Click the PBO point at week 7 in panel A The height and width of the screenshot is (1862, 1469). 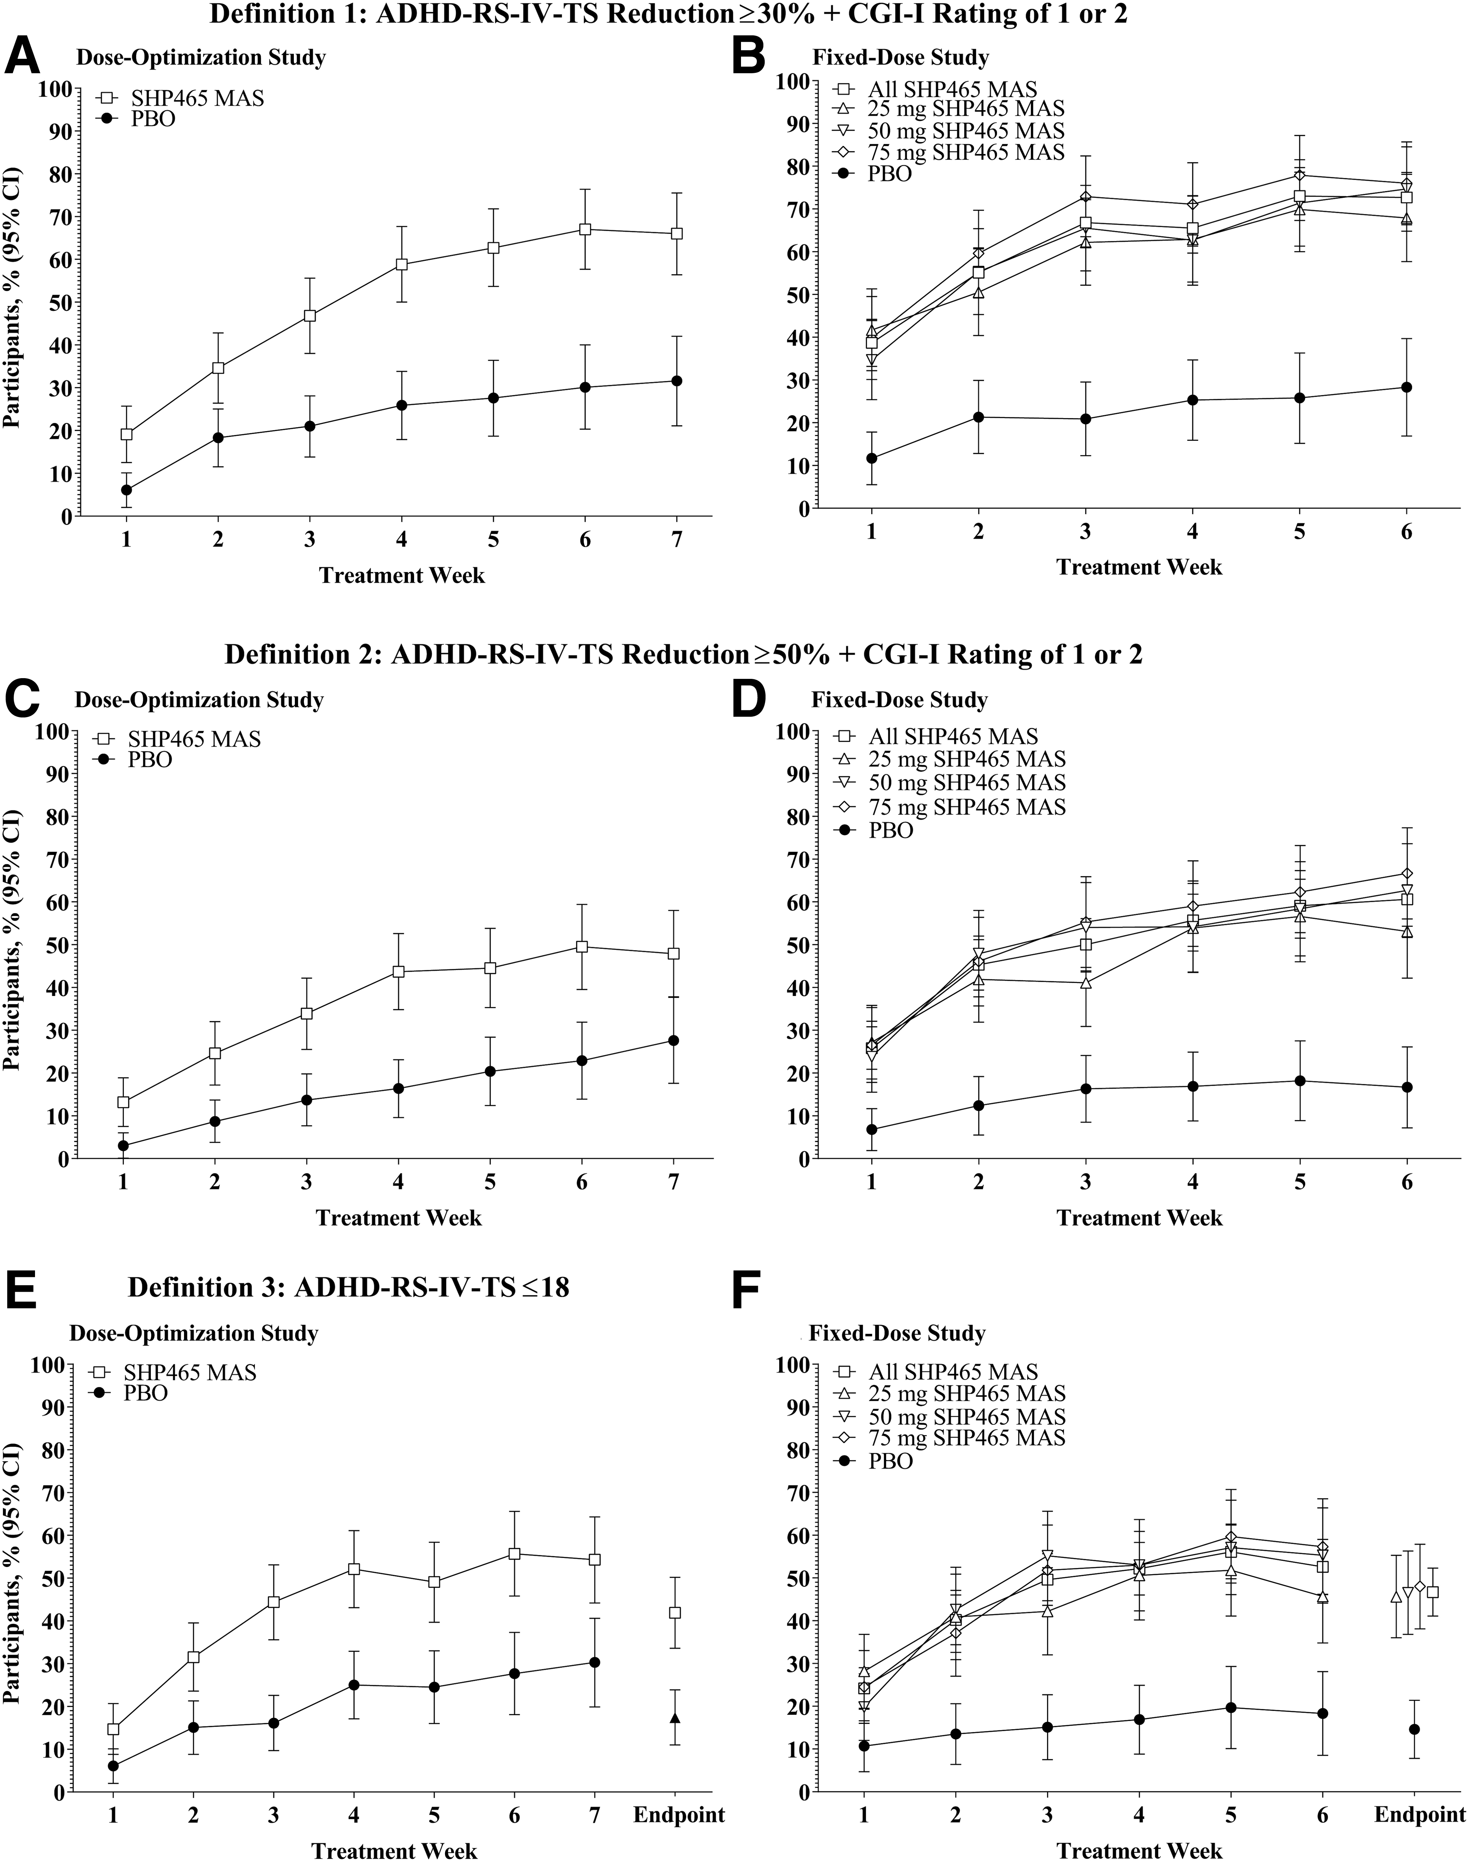pos(677,381)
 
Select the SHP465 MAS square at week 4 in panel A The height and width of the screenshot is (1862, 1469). pos(401,265)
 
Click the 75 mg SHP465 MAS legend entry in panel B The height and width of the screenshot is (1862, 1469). pos(950,152)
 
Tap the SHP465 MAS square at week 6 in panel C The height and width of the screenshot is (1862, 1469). pos(581,947)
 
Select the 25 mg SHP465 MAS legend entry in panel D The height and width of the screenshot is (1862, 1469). pos(950,759)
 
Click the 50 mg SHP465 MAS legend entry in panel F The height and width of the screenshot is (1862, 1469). pos(950,1417)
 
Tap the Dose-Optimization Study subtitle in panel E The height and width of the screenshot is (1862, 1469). pos(193,1333)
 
